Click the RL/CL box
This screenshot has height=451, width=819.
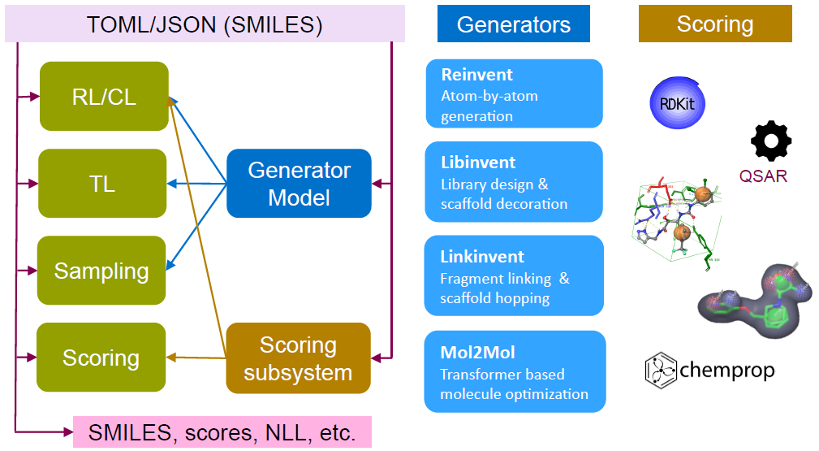(x=104, y=96)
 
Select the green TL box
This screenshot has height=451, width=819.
(x=102, y=183)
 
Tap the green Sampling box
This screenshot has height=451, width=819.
(x=101, y=271)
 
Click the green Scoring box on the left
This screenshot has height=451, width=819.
(x=101, y=358)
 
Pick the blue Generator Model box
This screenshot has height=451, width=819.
(x=299, y=183)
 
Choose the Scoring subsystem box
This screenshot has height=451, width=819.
(x=298, y=358)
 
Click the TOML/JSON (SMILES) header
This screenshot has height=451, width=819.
(x=205, y=24)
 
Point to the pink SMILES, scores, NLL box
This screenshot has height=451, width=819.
(x=222, y=432)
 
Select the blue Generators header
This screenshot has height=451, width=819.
(x=514, y=24)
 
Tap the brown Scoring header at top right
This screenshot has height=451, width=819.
(x=715, y=24)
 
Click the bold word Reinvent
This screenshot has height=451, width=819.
(x=477, y=75)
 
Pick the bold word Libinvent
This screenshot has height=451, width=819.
(x=478, y=163)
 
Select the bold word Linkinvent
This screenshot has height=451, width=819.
(x=482, y=256)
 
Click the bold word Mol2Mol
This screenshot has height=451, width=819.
(x=477, y=352)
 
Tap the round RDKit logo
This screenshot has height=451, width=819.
(x=678, y=103)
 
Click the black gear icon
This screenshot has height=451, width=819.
(x=771, y=141)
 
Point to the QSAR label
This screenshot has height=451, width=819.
(x=763, y=176)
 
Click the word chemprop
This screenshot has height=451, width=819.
(x=727, y=370)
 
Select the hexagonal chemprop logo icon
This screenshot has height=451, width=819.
(x=661, y=371)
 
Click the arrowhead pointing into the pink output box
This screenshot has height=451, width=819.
(x=68, y=432)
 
